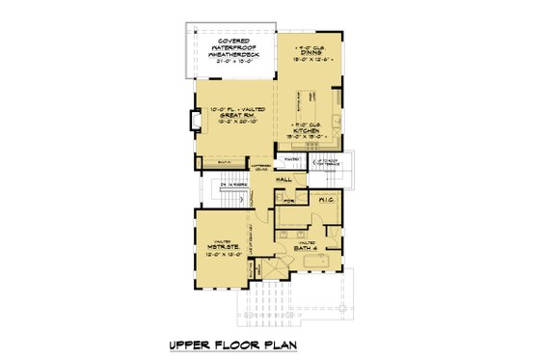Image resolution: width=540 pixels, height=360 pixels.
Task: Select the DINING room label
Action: point(310,49)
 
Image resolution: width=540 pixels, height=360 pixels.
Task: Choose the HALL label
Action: point(284,180)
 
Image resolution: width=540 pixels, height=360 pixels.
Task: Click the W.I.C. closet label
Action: point(324,200)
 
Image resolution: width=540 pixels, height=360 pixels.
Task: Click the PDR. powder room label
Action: point(287,200)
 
